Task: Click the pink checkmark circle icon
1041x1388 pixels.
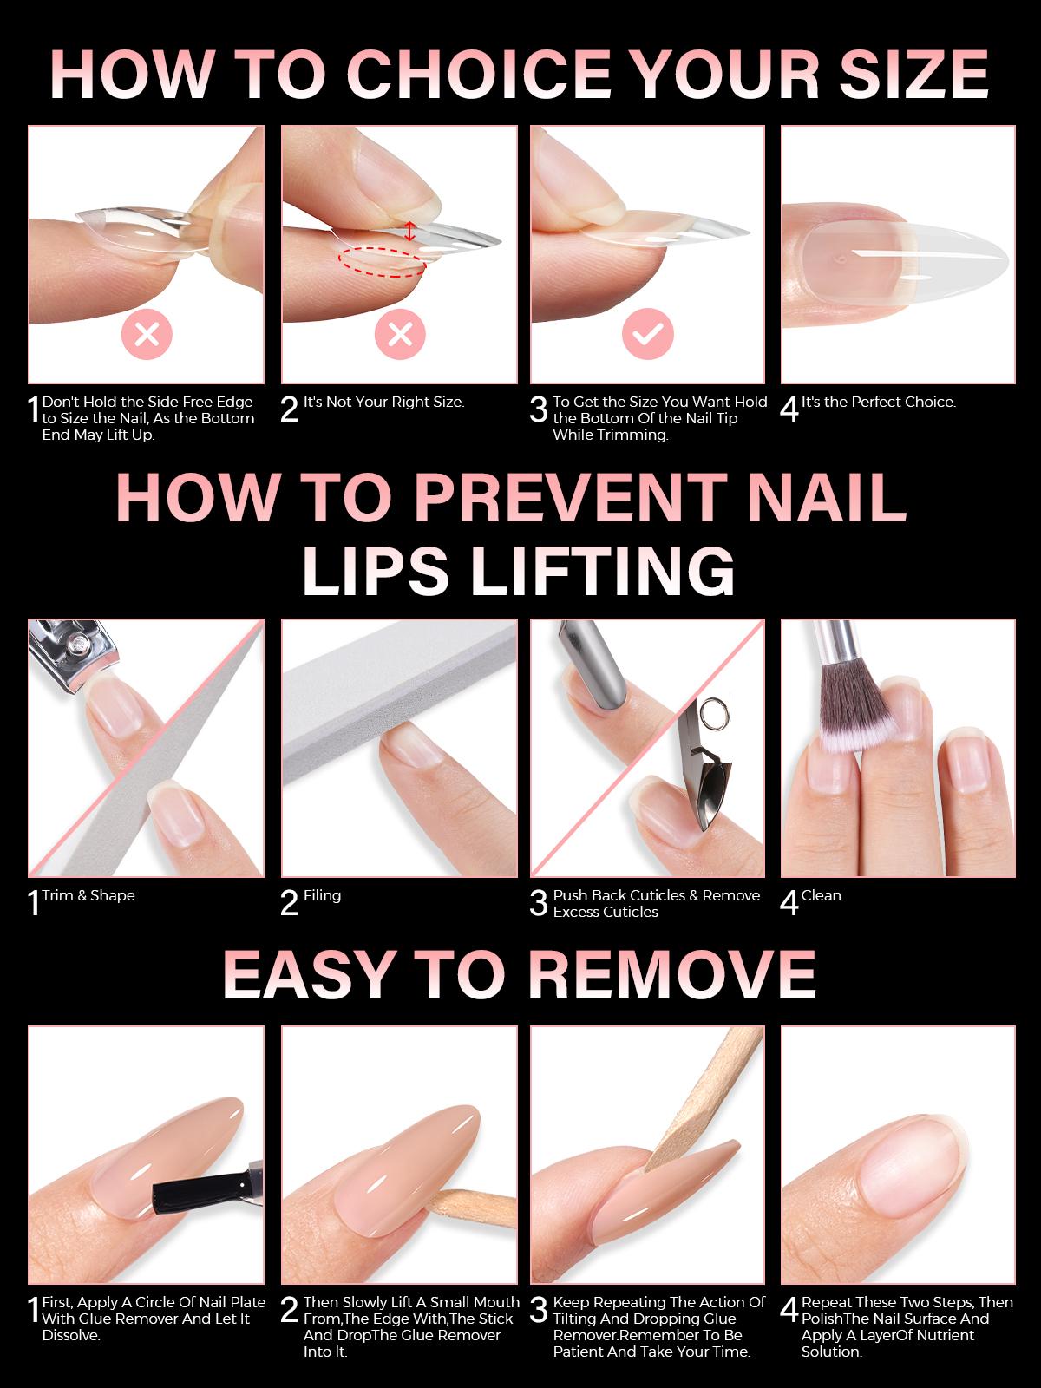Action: [x=648, y=334]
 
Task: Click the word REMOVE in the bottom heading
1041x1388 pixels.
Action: [x=672, y=973]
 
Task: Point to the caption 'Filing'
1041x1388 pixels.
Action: [x=322, y=895]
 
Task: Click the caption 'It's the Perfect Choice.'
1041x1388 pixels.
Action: [x=878, y=402]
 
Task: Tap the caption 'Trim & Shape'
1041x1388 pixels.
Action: [x=88, y=895]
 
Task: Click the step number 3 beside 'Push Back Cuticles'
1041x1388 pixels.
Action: [x=539, y=903]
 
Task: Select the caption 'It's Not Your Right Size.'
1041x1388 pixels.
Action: [x=383, y=402]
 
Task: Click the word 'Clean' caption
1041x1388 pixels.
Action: [x=821, y=895]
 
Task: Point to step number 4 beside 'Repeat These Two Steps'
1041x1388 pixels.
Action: [x=789, y=1311]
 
